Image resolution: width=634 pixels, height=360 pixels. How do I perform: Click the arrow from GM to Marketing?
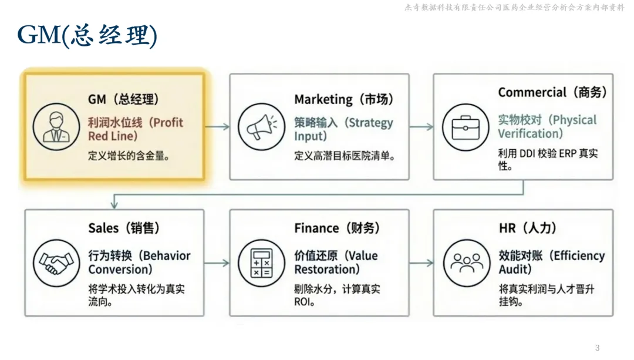pos(217,126)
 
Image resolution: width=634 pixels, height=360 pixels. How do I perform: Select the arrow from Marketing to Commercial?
pos(421,126)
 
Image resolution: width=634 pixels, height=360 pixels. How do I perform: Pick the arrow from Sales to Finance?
pos(217,263)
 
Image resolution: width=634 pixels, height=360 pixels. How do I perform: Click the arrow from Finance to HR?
pos(421,263)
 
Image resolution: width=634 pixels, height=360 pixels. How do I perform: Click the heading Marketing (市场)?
pos(343,99)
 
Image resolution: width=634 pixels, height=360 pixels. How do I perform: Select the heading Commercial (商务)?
pos(552,92)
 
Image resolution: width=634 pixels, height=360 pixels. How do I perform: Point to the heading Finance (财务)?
pos(337,228)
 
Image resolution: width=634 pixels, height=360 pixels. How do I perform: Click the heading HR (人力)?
pos(527,228)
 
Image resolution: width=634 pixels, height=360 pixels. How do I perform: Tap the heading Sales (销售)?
pos(124,228)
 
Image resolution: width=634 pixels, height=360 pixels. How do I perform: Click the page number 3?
pos(598,348)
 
